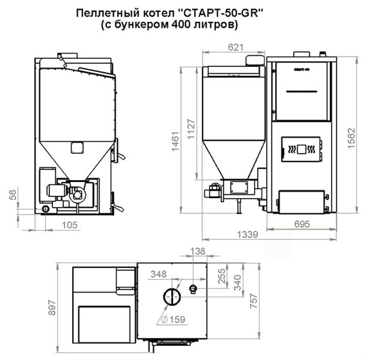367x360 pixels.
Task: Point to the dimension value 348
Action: click(x=158, y=273)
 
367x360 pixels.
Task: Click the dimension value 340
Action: click(x=238, y=282)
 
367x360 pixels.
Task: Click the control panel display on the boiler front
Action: click(x=301, y=149)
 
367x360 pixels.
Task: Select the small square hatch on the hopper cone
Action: click(x=77, y=147)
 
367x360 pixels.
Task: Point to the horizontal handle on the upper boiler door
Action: click(x=301, y=90)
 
